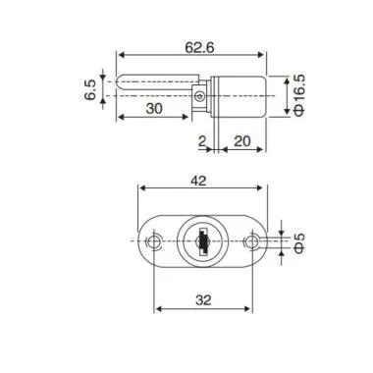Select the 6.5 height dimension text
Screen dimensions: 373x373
coord(91,91)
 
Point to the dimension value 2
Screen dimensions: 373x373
coord(203,142)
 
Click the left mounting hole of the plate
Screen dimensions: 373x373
coord(153,242)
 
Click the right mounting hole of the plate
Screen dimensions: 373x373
coord(254,242)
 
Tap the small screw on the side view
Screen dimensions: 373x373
coord(199,95)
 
